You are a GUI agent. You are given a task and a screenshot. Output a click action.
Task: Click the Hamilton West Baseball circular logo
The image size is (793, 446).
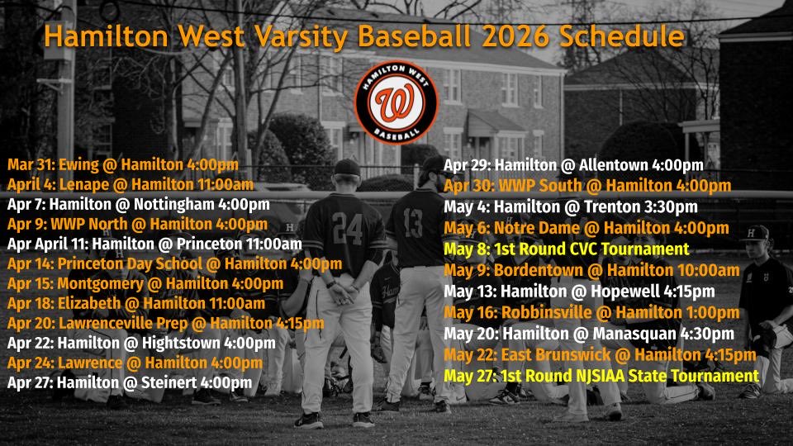tap(396, 103)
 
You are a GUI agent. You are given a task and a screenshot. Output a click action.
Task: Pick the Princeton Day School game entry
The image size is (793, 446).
tap(174, 263)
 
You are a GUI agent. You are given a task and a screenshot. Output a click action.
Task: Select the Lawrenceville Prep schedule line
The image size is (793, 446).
tap(166, 323)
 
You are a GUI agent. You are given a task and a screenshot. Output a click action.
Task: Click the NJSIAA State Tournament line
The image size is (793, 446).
tap(601, 376)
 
